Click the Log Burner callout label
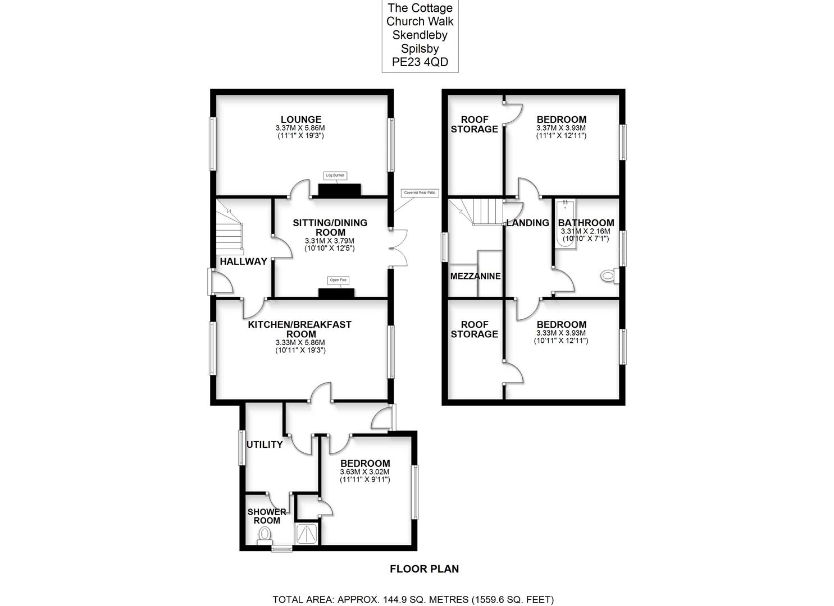point(335,176)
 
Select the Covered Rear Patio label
point(420,192)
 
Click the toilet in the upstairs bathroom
point(608,276)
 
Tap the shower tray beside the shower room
point(307,534)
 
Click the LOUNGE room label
point(301,120)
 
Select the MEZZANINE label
point(475,276)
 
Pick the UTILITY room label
point(265,445)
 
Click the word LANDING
point(527,223)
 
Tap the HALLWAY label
point(243,261)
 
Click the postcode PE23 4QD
point(420,63)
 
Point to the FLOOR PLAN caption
point(424,569)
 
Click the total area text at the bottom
point(413,599)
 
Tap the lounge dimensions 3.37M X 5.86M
point(301,128)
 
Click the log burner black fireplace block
point(340,190)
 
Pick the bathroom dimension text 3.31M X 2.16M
point(585,231)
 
